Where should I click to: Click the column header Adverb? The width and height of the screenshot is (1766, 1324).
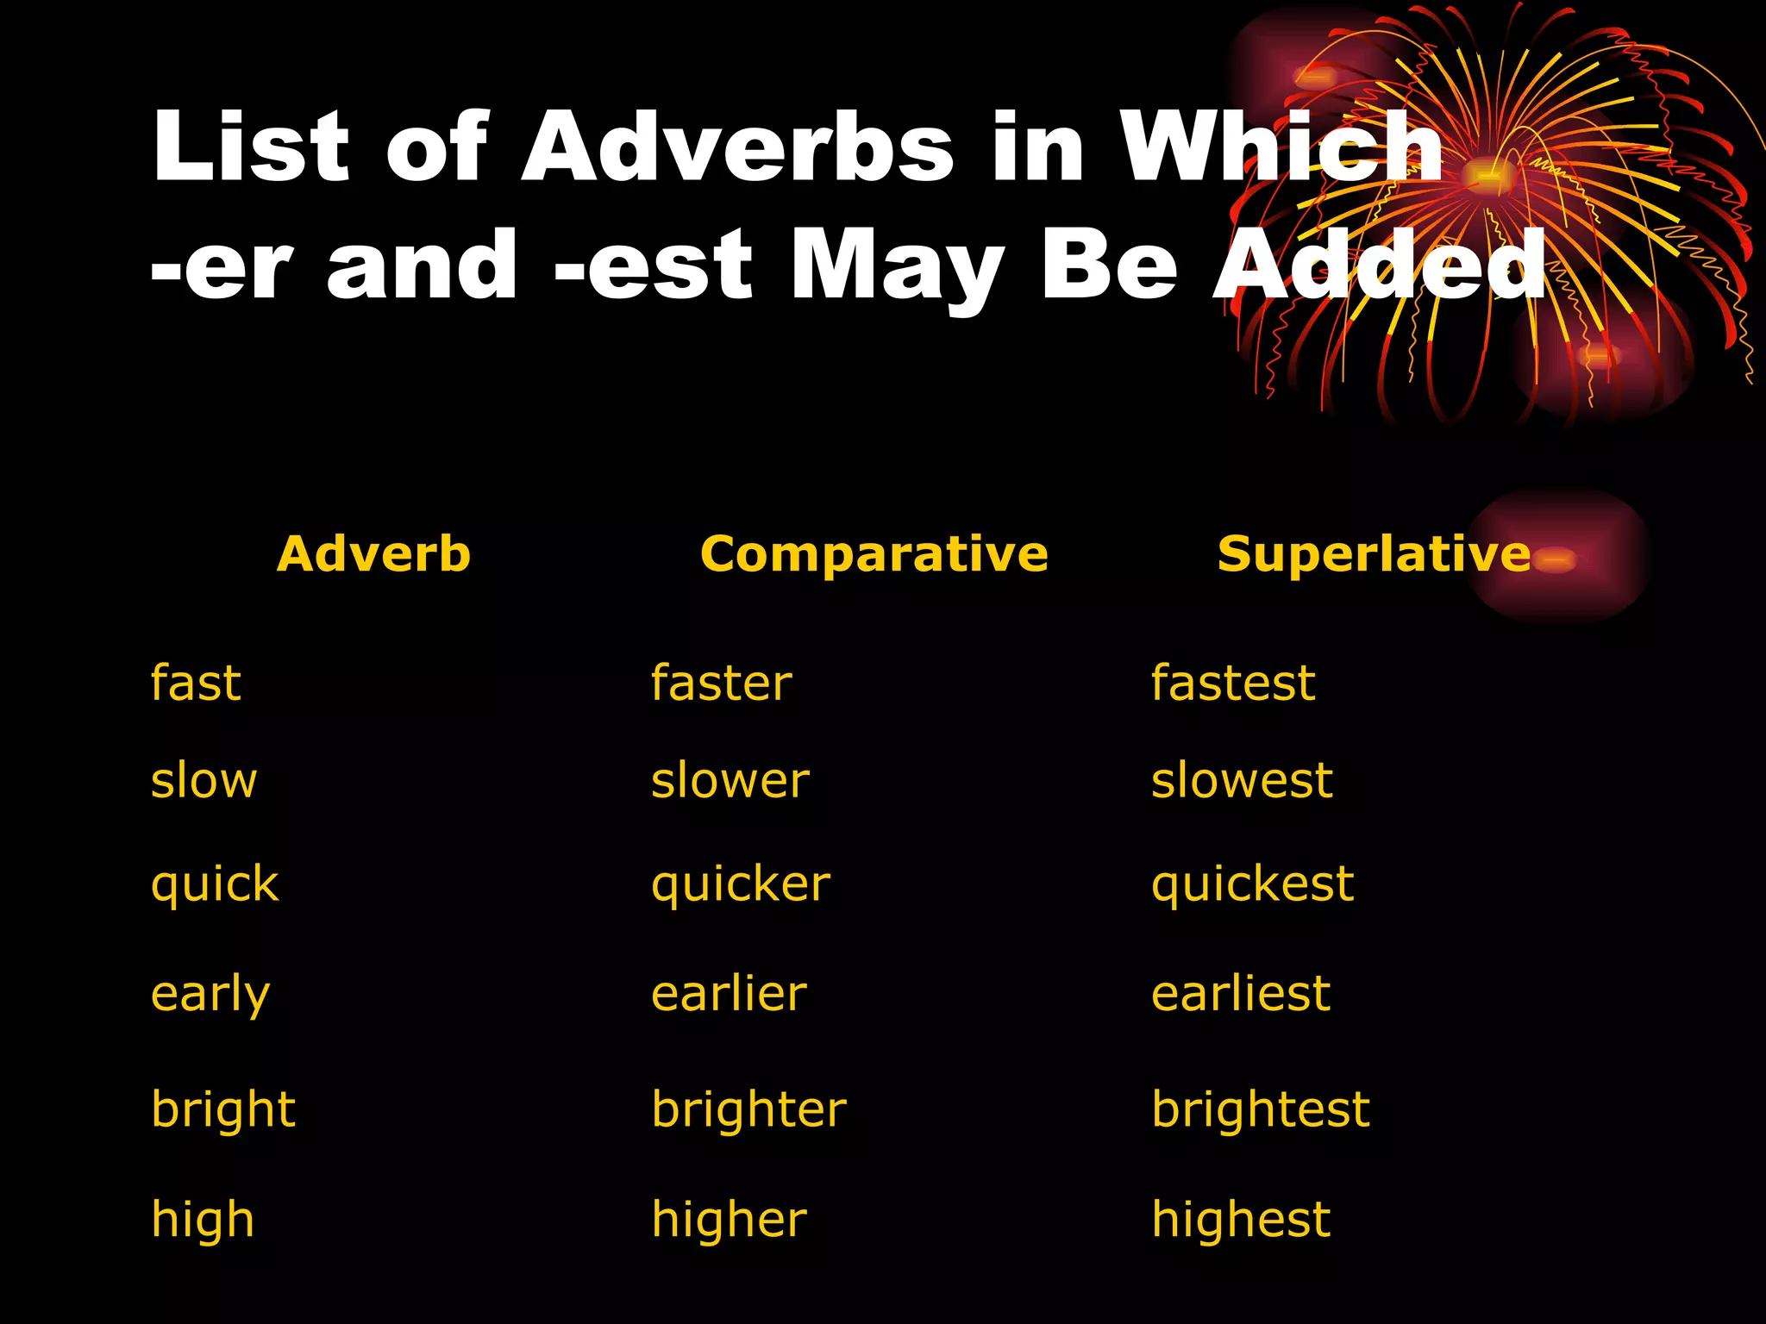(x=373, y=553)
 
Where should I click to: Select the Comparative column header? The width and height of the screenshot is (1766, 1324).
(x=874, y=553)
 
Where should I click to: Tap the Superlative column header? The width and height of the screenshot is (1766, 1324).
(x=1374, y=553)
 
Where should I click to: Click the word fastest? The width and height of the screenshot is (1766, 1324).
(x=1233, y=684)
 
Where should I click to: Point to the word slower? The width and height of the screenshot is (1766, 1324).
(x=730, y=781)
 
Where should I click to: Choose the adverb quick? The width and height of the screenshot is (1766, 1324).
(x=215, y=885)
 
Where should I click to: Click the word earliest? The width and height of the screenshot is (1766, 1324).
(x=1241, y=994)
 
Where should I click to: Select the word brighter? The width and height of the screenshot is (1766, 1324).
(x=748, y=1109)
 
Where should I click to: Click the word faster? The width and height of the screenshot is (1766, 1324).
(x=721, y=684)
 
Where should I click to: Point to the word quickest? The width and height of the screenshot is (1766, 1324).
(x=1252, y=885)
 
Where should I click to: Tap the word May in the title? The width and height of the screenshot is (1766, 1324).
(x=897, y=267)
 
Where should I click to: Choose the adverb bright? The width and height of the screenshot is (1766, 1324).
(x=223, y=1109)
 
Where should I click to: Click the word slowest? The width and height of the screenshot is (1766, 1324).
(x=1242, y=781)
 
